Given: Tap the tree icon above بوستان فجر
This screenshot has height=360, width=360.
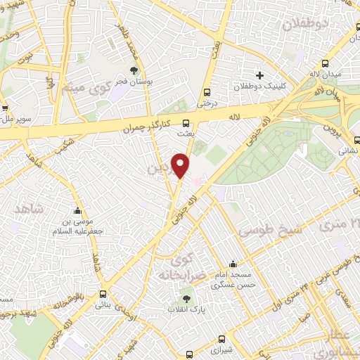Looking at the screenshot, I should [x=134, y=70].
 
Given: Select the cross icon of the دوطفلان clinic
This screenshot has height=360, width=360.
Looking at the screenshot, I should [x=260, y=75].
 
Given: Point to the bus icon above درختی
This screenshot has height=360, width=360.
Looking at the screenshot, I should [x=207, y=92].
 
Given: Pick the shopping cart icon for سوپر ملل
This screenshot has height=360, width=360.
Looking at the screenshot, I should [x=4, y=108].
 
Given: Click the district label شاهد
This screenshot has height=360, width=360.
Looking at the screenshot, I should [x=28, y=208].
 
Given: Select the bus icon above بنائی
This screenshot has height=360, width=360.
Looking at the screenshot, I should [x=104, y=294].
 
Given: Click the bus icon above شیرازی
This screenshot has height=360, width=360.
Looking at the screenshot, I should [x=222, y=337].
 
